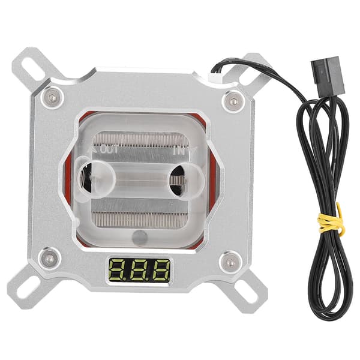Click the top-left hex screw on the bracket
53,98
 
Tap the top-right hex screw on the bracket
233,101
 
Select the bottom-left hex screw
49,259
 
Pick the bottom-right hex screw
230,262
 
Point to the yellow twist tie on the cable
331,221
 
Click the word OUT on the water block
110,149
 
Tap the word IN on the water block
177,151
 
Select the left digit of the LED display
117,271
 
